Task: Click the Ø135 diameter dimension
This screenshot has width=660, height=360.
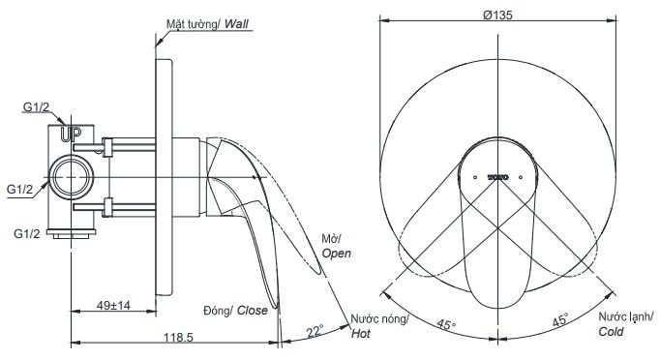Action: point(498,15)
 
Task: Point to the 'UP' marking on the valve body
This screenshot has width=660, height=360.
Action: point(71,135)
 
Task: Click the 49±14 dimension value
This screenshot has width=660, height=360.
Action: point(114,307)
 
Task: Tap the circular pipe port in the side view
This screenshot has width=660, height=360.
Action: point(72,178)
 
